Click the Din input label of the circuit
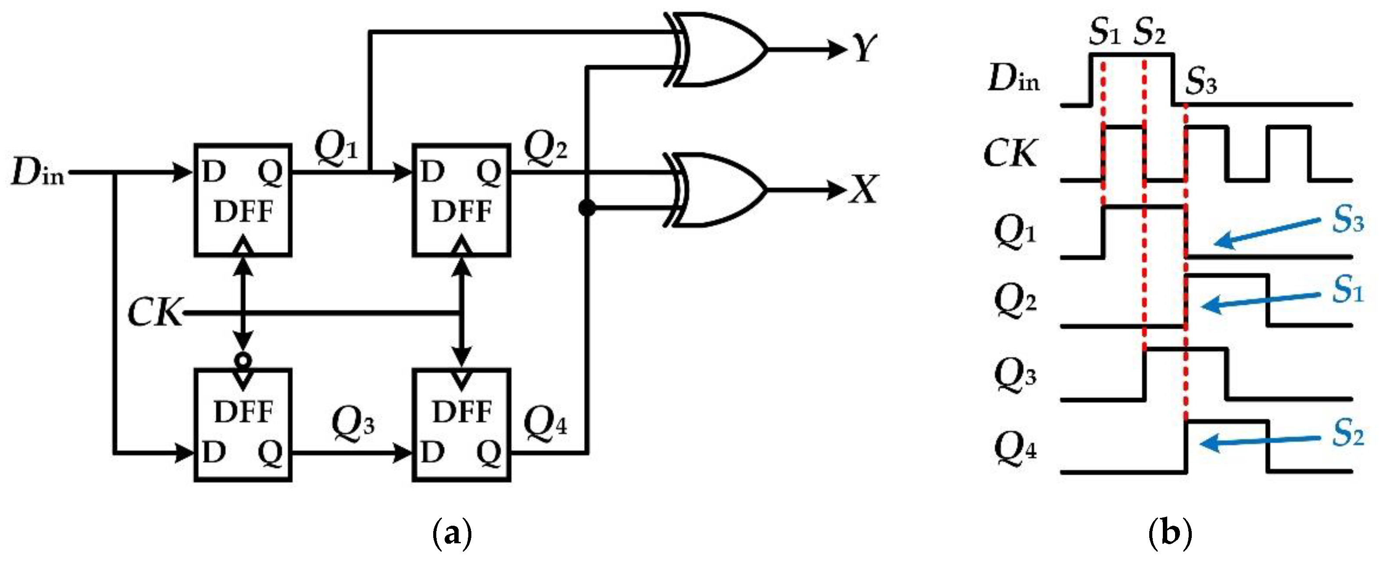(37, 173)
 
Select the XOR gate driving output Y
(717, 49)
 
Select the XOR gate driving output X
(717, 190)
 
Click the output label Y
(863, 49)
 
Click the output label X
(863, 190)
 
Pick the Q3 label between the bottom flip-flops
(353, 423)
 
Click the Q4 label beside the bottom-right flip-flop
(545, 423)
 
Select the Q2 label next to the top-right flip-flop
(545, 146)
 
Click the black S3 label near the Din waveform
(1201, 82)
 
